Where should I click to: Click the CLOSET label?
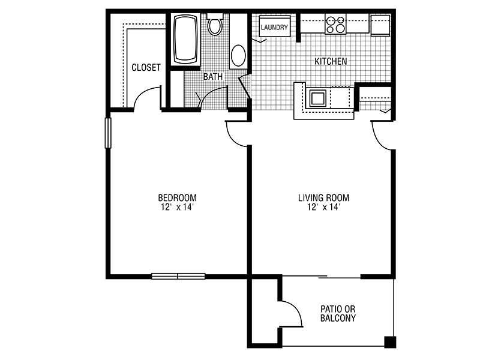click(146, 67)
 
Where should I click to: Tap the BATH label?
click(213, 77)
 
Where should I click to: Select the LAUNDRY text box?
click(275, 27)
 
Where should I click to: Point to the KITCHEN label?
click(331, 61)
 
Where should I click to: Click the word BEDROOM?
click(177, 197)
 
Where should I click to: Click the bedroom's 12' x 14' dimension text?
click(177, 207)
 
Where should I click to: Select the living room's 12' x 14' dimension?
click(323, 207)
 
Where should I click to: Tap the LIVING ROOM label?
click(323, 197)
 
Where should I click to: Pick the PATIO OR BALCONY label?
click(338, 313)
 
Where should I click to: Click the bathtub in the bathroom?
click(185, 39)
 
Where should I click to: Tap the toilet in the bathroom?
click(215, 24)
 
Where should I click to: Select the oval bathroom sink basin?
click(238, 55)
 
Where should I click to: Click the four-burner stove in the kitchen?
click(335, 24)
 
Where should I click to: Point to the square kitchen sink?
click(318, 98)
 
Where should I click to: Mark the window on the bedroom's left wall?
click(108, 133)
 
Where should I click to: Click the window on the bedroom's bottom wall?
click(178, 276)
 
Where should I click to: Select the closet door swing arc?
click(145, 94)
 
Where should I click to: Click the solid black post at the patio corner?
click(390, 342)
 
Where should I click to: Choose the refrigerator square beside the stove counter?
click(380, 25)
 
